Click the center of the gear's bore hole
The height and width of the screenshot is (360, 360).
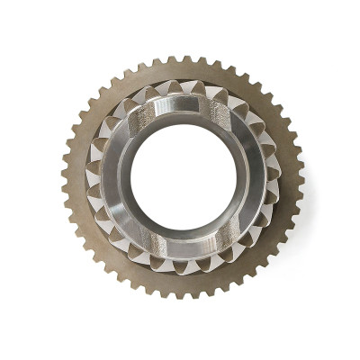click(x=184, y=175)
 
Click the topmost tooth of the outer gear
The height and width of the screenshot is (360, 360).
click(x=184, y=59)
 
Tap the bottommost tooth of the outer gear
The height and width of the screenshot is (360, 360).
click(x=183, y=294)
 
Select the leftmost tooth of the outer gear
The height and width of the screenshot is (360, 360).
click(x=66, y=177)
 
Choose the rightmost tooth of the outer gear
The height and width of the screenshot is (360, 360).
click(x=301, y=176)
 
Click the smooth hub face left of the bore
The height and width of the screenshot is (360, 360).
click(x=115, y=176)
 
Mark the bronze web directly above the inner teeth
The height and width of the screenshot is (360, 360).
click(x=184, y=73)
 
